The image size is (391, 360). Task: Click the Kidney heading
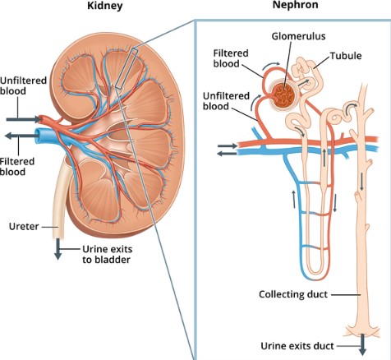(105, 6)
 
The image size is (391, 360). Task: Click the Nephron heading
(295, 5)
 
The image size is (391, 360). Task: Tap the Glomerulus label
(298, 36)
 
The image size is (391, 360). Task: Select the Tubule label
(346, 56)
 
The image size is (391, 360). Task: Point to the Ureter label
(24, 227)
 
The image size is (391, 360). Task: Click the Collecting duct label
(293, 294)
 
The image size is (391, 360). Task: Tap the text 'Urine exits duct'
(297, 346)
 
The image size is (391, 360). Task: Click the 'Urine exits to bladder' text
(107, 254)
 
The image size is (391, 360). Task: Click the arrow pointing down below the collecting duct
(362, 344)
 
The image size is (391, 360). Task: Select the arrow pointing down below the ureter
(57, 249)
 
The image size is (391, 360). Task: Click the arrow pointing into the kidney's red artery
(24, 119)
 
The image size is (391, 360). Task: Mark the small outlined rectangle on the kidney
(126, 68)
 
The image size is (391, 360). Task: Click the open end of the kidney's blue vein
(38, 136)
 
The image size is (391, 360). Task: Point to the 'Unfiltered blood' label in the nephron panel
(226, 101)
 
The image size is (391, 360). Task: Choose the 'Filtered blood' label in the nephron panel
(231, 58)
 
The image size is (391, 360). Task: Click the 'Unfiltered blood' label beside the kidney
(23, 85)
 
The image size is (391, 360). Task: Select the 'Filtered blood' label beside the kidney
(17, 167)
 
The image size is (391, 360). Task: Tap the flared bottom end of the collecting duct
(362, 330)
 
